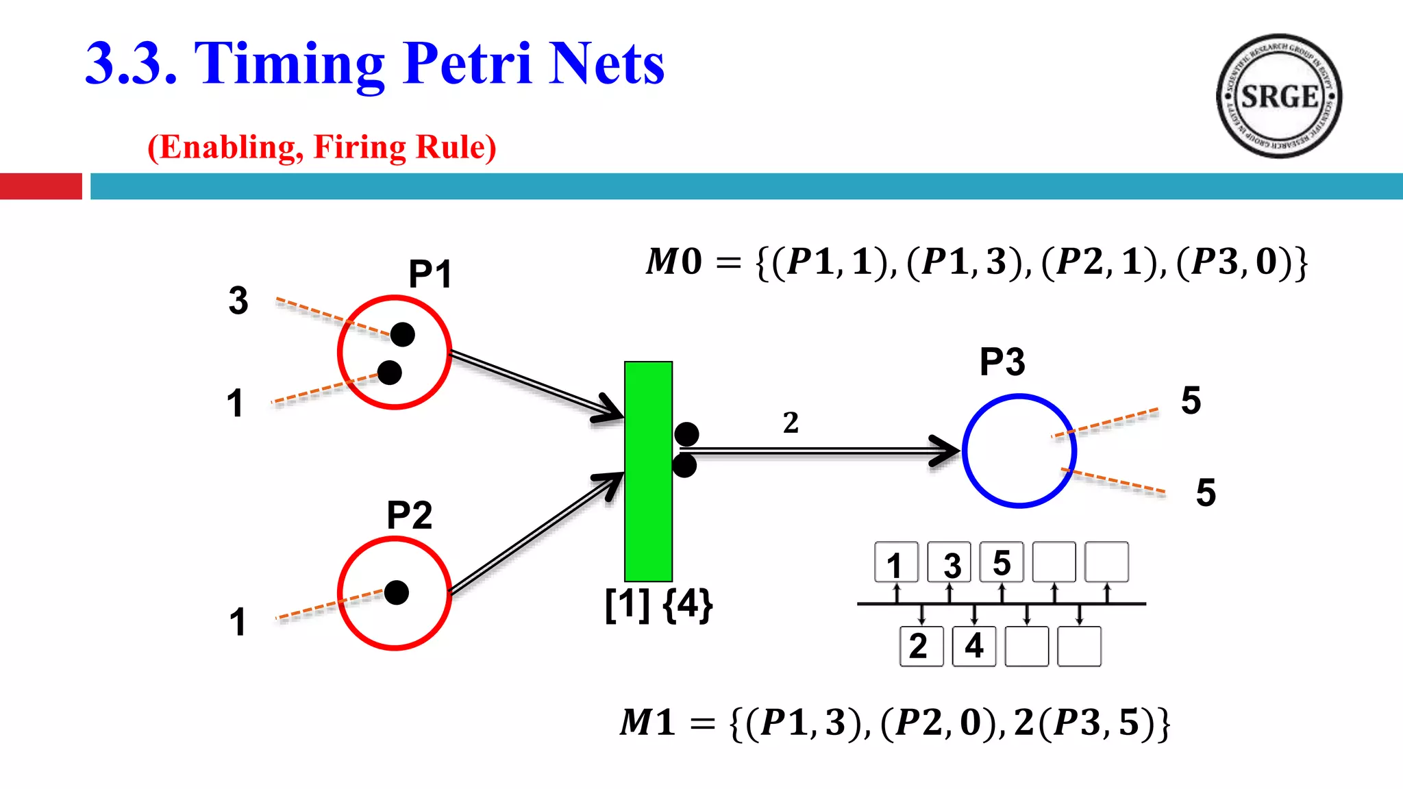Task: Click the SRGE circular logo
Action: (x=1278, y=96)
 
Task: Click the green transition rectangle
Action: (x=648, y=471)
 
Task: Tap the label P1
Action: (x=430, y=275)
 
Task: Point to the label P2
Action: (x=409, y=515)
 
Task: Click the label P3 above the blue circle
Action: (x=1002, y=362)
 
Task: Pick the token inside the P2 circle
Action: (x=397, y=592)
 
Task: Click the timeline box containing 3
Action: (x=949, y=563)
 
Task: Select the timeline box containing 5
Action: (x=1002, y=563)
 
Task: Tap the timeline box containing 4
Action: (x=974, y=646)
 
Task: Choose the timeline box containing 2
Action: (x=921, y=646)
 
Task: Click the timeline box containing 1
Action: (x=896, y=563)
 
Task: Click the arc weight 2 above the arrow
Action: (x=791, y=423)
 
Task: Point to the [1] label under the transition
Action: (x=627, y=605)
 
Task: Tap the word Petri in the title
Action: (x=467, y=64)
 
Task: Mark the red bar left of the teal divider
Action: (x=40, y=186)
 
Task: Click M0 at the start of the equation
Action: (x=674, y=262)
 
